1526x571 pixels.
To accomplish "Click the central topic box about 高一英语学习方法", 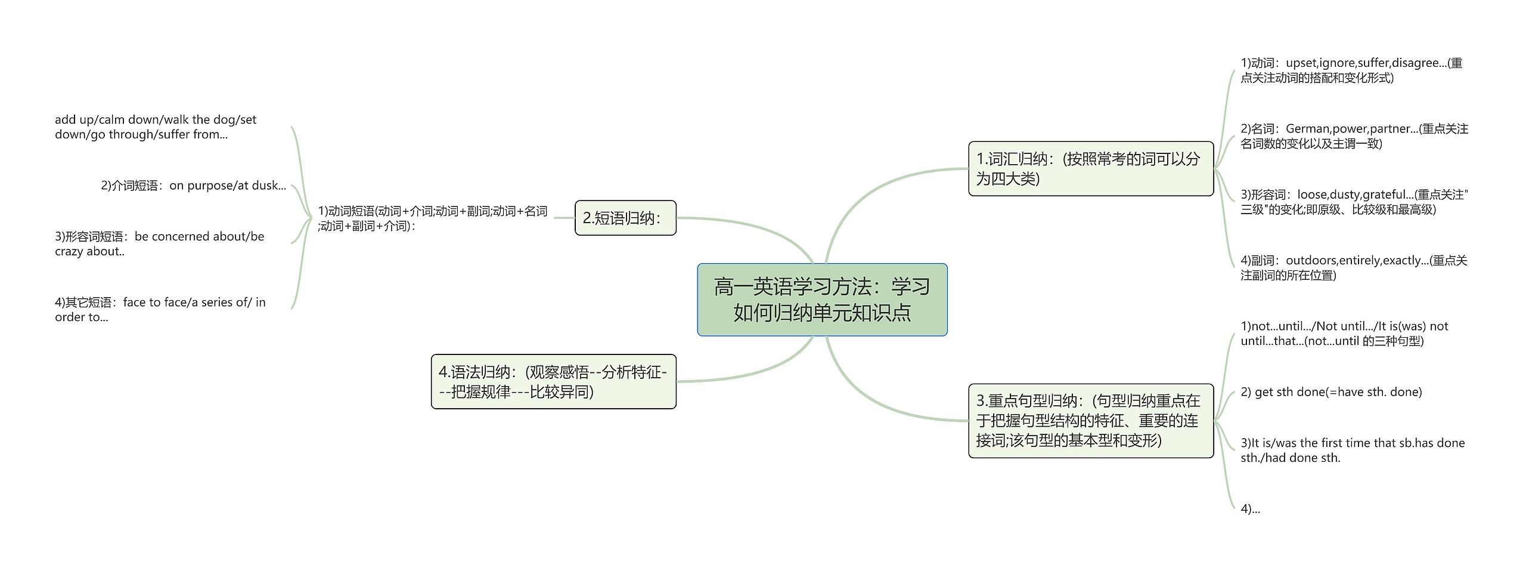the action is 822,300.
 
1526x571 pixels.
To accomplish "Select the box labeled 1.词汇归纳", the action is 1090,168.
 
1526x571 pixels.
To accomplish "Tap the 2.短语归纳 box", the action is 625,218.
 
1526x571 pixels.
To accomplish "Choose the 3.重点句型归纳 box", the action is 1090,421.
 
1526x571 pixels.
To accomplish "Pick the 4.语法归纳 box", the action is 553,381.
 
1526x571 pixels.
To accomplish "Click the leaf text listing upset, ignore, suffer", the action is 1351,70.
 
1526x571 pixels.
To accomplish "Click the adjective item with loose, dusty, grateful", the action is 1353,202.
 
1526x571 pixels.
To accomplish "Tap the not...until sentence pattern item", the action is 1344,334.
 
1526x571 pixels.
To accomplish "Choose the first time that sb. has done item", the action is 1352,450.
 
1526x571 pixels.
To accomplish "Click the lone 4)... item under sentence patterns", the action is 1250,509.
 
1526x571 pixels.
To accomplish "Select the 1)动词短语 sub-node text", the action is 432,218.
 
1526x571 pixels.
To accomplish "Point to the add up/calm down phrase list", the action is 155,127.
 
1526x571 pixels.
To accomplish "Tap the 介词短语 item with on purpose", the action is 193,186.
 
